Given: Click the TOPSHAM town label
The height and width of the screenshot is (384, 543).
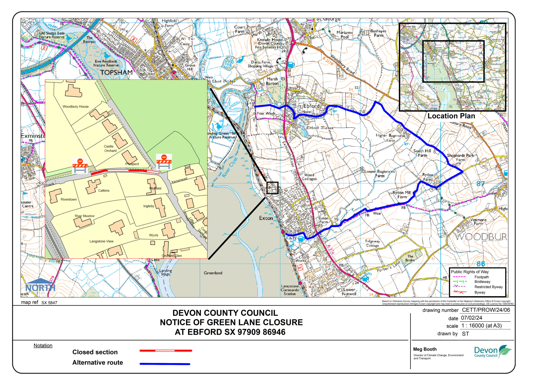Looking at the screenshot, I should click(116, 72).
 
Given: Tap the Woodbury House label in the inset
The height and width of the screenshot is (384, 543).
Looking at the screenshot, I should click(76, 107).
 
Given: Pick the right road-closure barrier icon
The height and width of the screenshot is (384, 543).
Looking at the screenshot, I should click(164, 162).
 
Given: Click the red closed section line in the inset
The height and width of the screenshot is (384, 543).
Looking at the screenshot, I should click(125, 171).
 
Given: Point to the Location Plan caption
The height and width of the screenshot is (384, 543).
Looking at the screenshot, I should click(451, 116).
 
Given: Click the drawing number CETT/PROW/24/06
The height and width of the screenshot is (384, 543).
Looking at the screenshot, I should click(486, 310).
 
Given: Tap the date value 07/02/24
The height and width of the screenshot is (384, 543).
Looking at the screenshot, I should click(471, 318).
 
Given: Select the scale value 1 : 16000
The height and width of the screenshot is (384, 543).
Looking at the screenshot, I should click(481, 326).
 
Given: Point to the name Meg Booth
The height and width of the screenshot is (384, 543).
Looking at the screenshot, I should click(424, 349).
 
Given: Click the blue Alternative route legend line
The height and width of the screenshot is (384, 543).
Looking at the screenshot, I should click(165, 364).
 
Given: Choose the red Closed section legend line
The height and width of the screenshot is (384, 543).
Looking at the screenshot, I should click(165, 351).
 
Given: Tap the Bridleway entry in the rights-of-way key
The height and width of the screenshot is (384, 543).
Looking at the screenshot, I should click(482, 282).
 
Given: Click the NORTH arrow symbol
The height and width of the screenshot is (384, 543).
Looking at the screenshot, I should click(40, 285).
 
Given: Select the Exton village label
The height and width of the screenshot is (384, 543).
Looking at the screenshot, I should click(266, 218).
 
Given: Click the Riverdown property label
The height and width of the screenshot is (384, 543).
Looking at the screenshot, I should click(69, 199).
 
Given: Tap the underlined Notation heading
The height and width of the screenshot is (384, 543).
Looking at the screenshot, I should click(43, 346).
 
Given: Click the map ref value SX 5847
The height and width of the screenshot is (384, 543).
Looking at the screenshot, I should click(49, 303).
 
